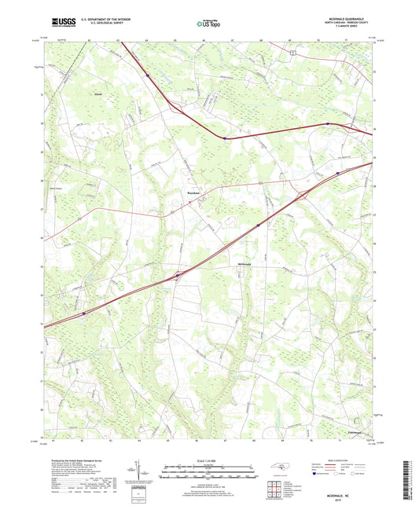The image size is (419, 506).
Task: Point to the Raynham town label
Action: click(193, 192)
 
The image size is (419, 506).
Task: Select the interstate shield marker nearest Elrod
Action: click(148, 75)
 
